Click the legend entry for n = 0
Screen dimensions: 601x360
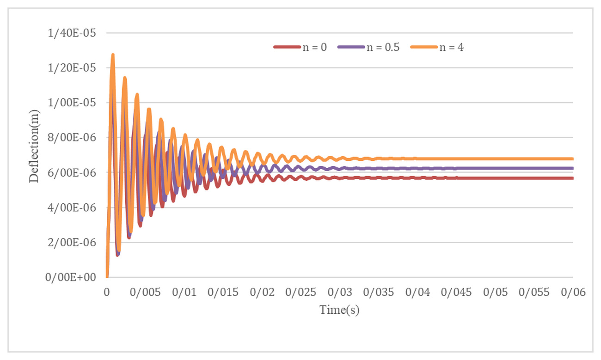[x=300, y=47]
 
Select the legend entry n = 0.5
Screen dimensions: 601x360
[x=368, y=47]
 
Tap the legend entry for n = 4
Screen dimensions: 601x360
[x=437, y=47]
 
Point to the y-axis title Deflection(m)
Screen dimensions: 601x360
[x=34, y=146]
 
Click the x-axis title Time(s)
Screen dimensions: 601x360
[x=339, y=310]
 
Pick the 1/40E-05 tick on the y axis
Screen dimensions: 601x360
[x=72, y=33]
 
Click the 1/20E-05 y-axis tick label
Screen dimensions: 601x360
[x=72, y=68]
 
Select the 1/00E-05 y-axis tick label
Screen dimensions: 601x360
[x=72, y=103]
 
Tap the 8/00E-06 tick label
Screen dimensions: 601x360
[x=72, y=138]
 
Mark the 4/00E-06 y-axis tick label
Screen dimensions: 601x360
[x=72, y=207]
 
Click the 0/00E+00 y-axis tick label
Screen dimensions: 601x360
[x=71, y=277]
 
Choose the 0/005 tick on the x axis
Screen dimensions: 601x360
[x=145, y=293]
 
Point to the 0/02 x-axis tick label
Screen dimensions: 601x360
[x=262, y=293]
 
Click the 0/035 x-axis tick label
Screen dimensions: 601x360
[x=379, y=293]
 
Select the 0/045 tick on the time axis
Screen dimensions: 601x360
[x=456, y=293]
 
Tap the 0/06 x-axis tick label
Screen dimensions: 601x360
[x=573, y=293]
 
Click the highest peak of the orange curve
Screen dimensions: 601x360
[x=113, y=55]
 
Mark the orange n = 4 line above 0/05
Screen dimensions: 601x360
[x=495, y=159]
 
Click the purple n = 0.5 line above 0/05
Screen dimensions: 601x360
[x=495, y=168]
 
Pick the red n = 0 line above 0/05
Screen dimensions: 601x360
[x=495, y=178]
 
